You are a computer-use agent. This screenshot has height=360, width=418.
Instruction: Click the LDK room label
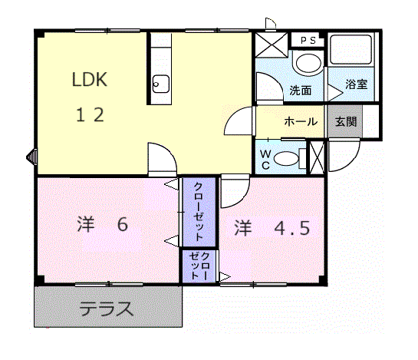[x=90, y=79]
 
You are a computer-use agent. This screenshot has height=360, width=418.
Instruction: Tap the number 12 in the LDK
[x=89, y=115]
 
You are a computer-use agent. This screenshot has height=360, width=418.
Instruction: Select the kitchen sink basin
[x=160, y=83]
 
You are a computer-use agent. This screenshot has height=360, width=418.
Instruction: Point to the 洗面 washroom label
[x=300, y=90]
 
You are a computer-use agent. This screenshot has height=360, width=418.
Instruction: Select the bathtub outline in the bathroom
[x=349, y=51]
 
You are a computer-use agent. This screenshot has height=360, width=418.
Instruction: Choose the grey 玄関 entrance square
[x=343, y=122]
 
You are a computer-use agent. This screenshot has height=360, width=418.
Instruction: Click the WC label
[x=263, y=158]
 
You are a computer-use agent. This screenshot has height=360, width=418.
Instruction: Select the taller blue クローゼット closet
[x=198, y=212]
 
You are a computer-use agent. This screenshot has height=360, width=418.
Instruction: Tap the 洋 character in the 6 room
[x=84, y=226]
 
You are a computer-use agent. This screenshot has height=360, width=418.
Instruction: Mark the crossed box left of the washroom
[x=271, y=45]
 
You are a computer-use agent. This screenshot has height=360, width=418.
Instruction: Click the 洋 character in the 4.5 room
[x=242, y=228]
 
